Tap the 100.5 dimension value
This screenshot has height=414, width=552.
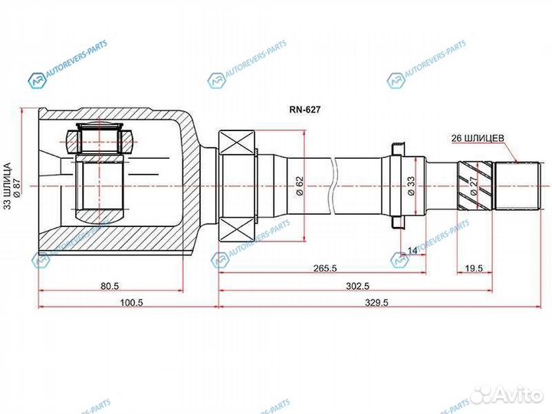[x=132, y=303]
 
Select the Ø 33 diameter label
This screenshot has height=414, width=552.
[x=412, y=186]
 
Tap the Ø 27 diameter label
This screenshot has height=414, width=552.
[x=473, y=187]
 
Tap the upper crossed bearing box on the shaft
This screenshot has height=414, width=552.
[x=239, y=144]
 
